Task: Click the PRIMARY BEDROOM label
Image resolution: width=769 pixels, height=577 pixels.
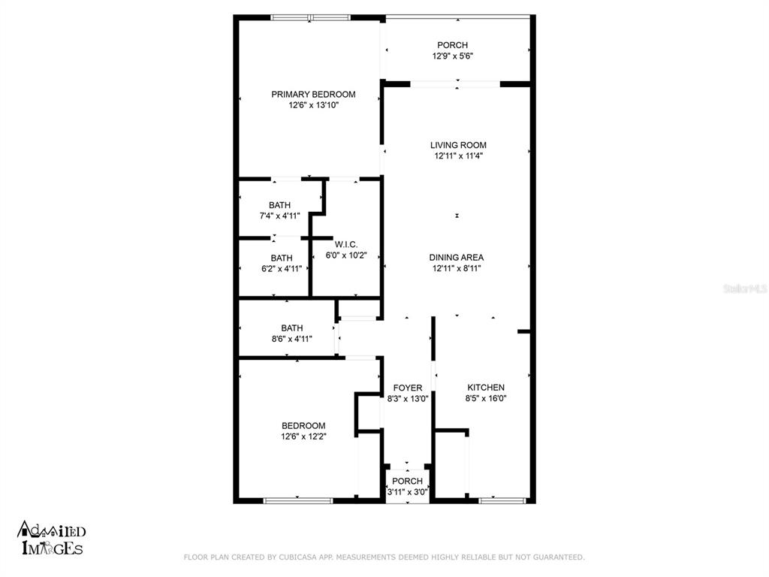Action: click(313, 94)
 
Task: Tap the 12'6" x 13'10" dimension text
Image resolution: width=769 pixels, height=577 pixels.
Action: click(313, 105)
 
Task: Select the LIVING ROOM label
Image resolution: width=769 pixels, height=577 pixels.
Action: click(458, 145)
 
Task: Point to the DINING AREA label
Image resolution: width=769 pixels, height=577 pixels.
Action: click(457, 258)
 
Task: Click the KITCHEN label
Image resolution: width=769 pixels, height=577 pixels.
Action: click(486, 388)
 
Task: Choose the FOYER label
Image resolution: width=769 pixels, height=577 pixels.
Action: click(408, 388)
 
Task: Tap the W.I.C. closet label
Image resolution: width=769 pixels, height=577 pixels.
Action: click(346, 244)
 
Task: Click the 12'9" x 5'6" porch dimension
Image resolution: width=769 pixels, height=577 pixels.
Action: click(452, 56)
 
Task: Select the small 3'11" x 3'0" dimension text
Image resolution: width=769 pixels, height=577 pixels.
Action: click(408, 492)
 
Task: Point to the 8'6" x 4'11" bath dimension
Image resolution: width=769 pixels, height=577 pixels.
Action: click(292, 339)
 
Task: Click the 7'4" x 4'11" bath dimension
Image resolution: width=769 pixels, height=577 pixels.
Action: click(279, 216)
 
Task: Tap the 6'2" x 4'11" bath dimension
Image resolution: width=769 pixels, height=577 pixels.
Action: click(282, 269)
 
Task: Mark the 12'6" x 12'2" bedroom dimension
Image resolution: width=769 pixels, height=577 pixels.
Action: click(303, 437)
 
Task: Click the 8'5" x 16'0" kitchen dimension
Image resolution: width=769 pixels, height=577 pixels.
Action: click(486, 398)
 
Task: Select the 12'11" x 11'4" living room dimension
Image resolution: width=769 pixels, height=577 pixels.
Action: click(459, 156)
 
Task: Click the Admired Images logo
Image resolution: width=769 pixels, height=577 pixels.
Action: click(52, 538)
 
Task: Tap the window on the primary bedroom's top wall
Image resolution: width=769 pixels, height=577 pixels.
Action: click(310, 18)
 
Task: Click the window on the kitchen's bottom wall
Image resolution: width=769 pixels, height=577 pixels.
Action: click(502, 500)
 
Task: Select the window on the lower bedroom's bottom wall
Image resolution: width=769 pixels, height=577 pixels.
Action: click(298, 500)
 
